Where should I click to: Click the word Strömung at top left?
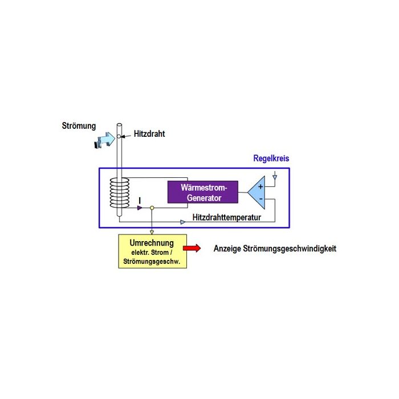pos(79,125)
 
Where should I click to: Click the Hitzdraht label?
pos(149,134)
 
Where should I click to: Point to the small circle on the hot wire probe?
pos(119,136)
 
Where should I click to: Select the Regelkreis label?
pos(271,158)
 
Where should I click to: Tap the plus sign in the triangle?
pos(259,185)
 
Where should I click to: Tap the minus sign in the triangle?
pos(259,198)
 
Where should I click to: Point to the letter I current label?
pos(140,199)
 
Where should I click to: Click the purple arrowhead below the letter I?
pos(139,208)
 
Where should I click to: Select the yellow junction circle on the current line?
pos(152,208)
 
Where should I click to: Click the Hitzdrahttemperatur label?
pos(227,218)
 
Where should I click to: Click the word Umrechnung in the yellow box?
pos(152,243)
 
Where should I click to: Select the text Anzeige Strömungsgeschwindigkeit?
pos(274,249)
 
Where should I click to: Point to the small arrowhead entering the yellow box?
pos(152,231)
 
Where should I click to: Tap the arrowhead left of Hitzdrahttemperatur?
pos(182,221)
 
